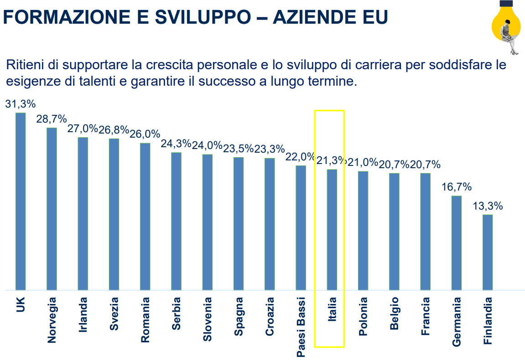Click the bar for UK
click(x=21, y=201)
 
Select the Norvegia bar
click(x=52, y=208)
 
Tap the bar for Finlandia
click(x=488, y=252)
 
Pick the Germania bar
click(x=456, y=242)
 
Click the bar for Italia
click(x=332, y=229)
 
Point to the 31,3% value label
click(x=20, y=104)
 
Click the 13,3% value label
click(x=488, y=206)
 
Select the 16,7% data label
click(x=456, y=187)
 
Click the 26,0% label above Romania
click(x=145, y=134)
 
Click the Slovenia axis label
click(x=208, y=319)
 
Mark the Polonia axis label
click(x=363, y=316)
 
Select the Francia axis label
click(x=425, y=316)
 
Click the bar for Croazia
click(x=270, y=224)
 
